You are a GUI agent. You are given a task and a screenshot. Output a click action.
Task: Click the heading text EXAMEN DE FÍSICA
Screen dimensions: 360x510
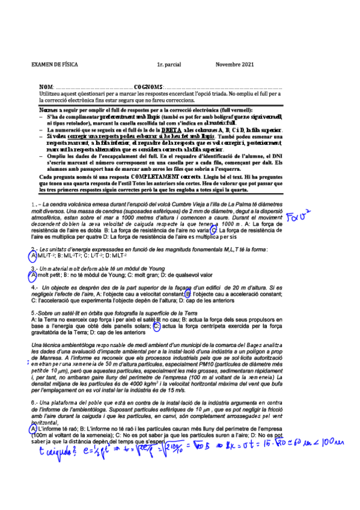pos(53,64)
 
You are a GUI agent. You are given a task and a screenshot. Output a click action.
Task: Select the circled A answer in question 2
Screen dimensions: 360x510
pos(33,256)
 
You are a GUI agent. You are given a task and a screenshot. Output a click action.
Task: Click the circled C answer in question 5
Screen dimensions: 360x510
pos(156,327)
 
